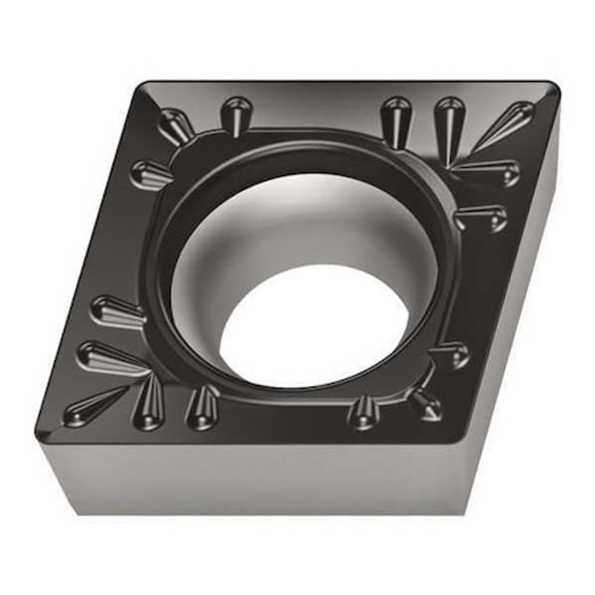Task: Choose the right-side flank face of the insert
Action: [x=507, y=325]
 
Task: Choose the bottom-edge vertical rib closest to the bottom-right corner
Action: [x=365, y=411]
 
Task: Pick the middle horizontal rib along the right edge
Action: [x=483, y=216]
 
